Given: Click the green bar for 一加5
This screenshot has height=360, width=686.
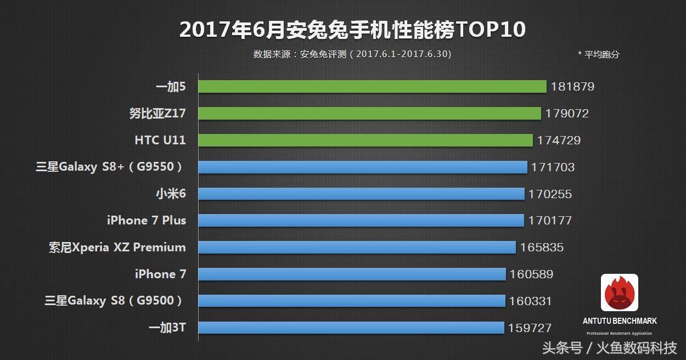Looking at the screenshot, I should [x=372, y=87].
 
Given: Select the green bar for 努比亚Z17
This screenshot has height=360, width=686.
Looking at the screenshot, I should [x=369, y=114].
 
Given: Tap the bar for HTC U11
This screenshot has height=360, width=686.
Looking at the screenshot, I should [x=366, y=140].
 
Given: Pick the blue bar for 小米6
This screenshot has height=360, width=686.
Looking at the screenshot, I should [x=361, y=194].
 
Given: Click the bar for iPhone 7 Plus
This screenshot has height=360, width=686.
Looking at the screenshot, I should [x=361, y=221].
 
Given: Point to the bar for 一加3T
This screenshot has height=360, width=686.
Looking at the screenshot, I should [x=351, y=328].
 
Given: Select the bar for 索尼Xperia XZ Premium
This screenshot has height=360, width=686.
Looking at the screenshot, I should [x=357, y=248].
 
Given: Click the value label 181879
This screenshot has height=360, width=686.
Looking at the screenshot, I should [x=572, y=87].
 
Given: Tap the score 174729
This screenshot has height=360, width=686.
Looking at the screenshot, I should [x=559, y=140].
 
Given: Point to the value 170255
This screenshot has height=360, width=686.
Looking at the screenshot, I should [x=550, y=194].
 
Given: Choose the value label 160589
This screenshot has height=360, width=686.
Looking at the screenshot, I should [x=531, y=274].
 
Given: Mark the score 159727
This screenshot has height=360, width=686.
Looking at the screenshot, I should [x=530, y=328].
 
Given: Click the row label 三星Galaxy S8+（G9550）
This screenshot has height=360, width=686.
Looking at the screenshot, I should [x=109, y=167].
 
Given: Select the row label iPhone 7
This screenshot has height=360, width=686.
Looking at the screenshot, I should [x=160, y=274].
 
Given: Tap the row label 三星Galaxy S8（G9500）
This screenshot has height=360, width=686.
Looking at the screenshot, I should [x=114, y=301].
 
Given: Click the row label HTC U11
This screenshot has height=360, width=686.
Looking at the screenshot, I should [x=160, y=140].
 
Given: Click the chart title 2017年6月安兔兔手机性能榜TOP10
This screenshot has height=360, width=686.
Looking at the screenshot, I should [x=352, y=30].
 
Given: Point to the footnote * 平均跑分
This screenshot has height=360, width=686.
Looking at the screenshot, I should [x=598, y=54].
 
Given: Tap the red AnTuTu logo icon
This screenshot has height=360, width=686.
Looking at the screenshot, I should [x=620, y=292].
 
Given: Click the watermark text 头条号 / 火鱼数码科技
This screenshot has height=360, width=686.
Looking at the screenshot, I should [x=609, y=348].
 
